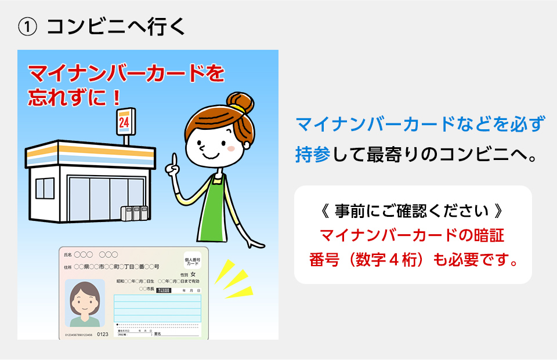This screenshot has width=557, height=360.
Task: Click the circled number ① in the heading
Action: pos(28,27)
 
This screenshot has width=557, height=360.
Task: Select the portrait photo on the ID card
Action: pos(85,303)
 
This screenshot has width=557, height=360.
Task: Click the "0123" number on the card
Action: pos(102,334)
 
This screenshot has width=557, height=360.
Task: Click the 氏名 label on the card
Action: pos(67,255)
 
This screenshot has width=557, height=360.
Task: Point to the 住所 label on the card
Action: pos(67,267)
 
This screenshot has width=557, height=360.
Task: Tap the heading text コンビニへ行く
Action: pos(116,27)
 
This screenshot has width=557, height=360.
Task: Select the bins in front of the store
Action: pos(133,213)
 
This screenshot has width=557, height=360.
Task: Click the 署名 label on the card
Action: pos(157,334)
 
